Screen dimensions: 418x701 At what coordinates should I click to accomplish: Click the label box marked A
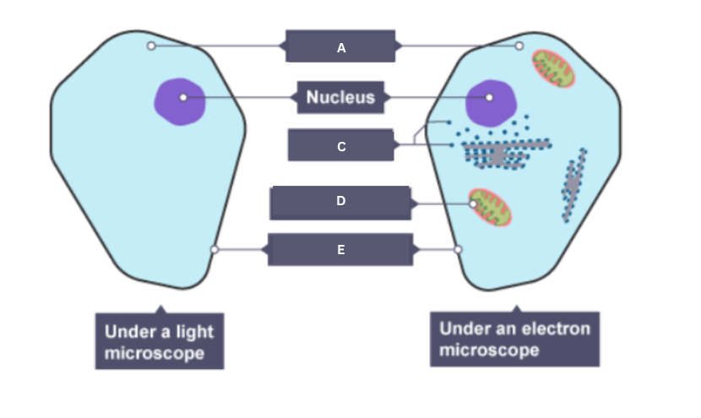(340, 47)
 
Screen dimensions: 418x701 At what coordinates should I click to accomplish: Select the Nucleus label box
(340, 98)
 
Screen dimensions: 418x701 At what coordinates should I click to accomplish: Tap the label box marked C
(340, 145)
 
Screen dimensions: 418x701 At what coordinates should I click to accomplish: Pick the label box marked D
(340, 203)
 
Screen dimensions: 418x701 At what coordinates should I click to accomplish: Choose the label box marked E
(340, 249)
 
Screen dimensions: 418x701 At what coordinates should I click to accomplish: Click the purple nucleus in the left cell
(179, 101)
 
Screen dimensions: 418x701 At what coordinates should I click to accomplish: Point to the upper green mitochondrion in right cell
(553, 68)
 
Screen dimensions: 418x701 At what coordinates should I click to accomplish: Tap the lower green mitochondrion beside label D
(491, 208)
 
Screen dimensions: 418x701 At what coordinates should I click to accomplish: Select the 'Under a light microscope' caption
(159, 342)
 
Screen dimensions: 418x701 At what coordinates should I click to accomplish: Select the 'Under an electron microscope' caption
(514, 339)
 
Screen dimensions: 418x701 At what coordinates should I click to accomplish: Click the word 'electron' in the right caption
(556, 328)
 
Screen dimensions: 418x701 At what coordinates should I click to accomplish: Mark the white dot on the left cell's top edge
(151, 46)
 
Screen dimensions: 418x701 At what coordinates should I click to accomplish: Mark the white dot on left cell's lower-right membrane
(215, 249)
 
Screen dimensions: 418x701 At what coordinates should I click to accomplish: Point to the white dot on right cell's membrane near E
(459, 249)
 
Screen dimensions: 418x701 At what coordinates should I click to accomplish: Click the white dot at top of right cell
(519, 46)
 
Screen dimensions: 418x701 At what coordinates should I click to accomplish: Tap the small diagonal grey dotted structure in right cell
(573, 184)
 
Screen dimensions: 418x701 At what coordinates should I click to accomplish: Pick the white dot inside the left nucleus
(183, 98)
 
